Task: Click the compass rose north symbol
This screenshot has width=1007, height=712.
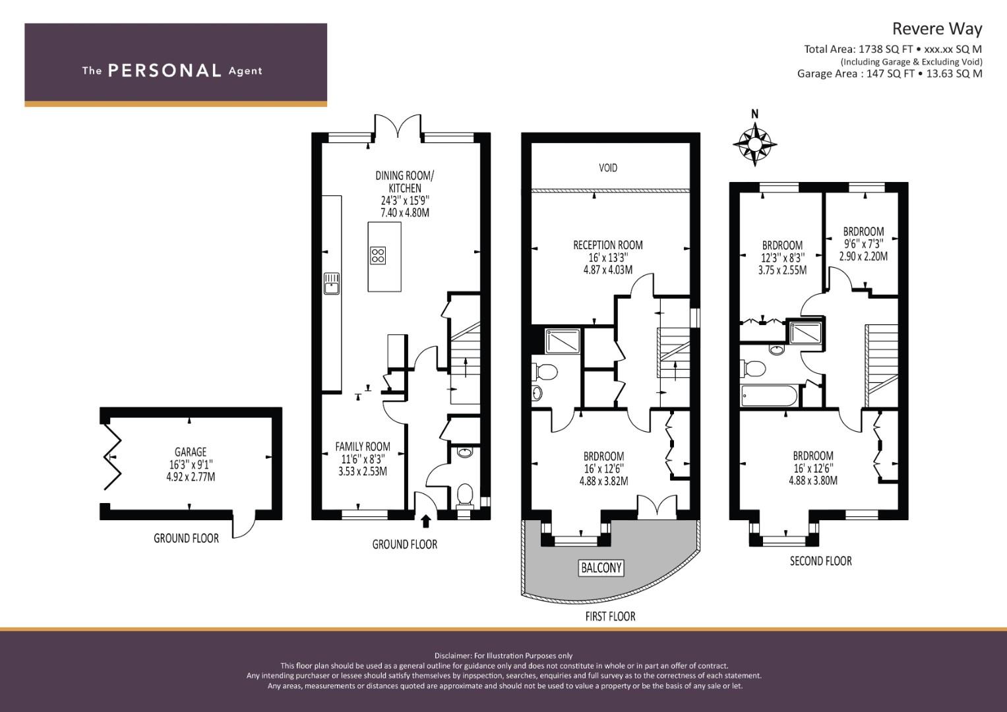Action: click(755, 144)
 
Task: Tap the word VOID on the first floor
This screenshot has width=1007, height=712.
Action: click(608, 168)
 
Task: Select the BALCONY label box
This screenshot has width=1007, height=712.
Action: click(601, 568)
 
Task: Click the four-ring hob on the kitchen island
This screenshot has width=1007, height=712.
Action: click(378, 255)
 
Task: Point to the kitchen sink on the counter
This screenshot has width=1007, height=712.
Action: click(332, 283)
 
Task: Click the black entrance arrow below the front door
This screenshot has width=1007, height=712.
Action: click(426, 521)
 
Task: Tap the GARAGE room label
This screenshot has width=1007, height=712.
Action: click(191, 452)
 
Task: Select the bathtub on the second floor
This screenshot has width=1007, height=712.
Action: click(769, 396)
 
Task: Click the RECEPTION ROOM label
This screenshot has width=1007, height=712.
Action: click(608, 245)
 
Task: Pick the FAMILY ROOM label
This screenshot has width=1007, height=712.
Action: click(362, 446)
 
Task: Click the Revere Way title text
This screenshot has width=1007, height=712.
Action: click(937, 29)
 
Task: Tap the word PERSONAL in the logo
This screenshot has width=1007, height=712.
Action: click(165, 71)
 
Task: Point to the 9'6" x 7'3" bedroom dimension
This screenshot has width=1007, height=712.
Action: click(863, 244)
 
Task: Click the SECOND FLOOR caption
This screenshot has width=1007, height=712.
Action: click(820, 561)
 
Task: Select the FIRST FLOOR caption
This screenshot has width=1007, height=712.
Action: click(610, 616)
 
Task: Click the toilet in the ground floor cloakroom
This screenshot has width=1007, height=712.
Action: click(464, 496)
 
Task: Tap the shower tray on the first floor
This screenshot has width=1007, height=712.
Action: click(562, 341)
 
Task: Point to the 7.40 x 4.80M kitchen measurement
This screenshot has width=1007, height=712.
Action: click(405, 212)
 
